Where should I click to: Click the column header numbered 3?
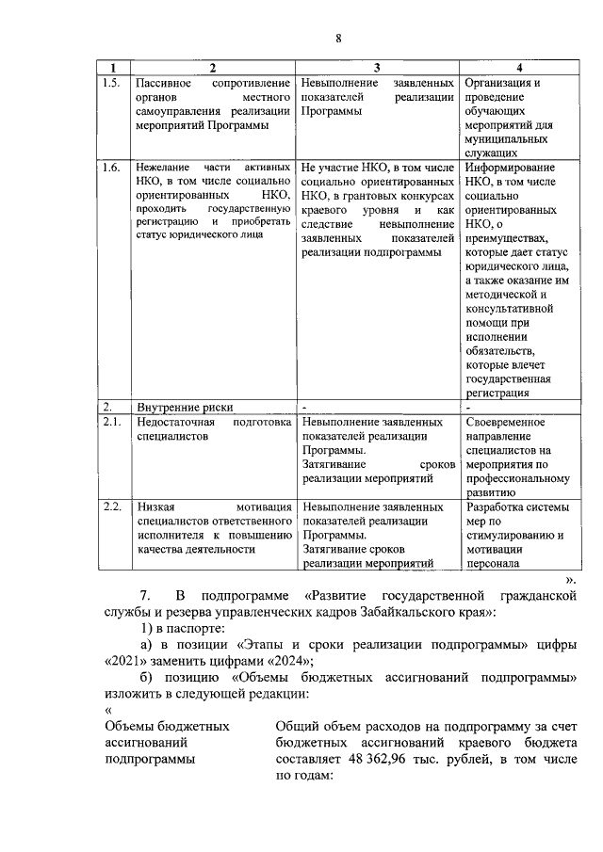376,68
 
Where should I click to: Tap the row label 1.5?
111,83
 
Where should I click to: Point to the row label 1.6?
111,168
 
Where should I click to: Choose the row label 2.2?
111,507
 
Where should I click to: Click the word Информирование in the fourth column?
511,168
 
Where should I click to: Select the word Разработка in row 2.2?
496,507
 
